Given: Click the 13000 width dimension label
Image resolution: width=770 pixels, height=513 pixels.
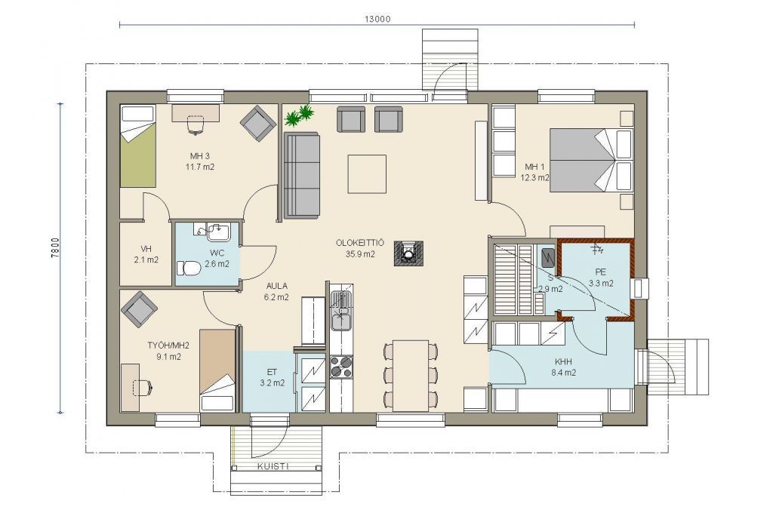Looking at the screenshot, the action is [x=377, y=19].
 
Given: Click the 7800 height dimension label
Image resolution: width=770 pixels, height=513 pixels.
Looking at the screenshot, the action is [x=56, y=248].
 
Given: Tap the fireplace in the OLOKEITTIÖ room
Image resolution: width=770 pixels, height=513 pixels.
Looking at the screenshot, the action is [x=408, y=253].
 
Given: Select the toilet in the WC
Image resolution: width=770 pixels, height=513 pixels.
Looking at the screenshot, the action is [x=188, y=269].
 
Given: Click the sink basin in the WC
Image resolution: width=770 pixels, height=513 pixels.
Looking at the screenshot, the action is [x=218, y=232].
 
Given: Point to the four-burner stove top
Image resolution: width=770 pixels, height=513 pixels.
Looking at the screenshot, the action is [x=341, y=367].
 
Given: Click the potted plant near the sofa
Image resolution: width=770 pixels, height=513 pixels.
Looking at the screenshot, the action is [x=299, y=115].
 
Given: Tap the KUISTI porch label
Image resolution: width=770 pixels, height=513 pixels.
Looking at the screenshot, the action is [x=273, y=466].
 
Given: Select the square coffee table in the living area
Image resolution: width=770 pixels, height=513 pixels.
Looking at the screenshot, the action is [x=367, y=174].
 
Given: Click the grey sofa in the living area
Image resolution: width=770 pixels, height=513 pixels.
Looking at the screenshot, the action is [x=302, y=175].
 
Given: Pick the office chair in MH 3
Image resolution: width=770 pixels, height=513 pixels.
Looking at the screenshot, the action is [x=196, y=124].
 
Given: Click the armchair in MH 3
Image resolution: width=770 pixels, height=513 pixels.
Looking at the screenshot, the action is [x=257, y=123].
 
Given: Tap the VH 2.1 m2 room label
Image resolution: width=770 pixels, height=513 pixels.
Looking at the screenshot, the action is [x=146, y=254].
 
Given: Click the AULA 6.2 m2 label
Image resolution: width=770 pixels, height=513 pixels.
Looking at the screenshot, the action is [x=276, y=291].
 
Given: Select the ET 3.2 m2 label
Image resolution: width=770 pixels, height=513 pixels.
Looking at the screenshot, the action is [x=272, y=377].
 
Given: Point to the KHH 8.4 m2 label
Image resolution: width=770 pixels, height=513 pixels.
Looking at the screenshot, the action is [x=564, y=367].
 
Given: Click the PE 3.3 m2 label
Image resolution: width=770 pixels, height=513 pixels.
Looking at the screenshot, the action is [x=601, y=278].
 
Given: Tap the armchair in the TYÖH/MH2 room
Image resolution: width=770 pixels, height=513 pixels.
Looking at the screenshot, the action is [x=140, y=309].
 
